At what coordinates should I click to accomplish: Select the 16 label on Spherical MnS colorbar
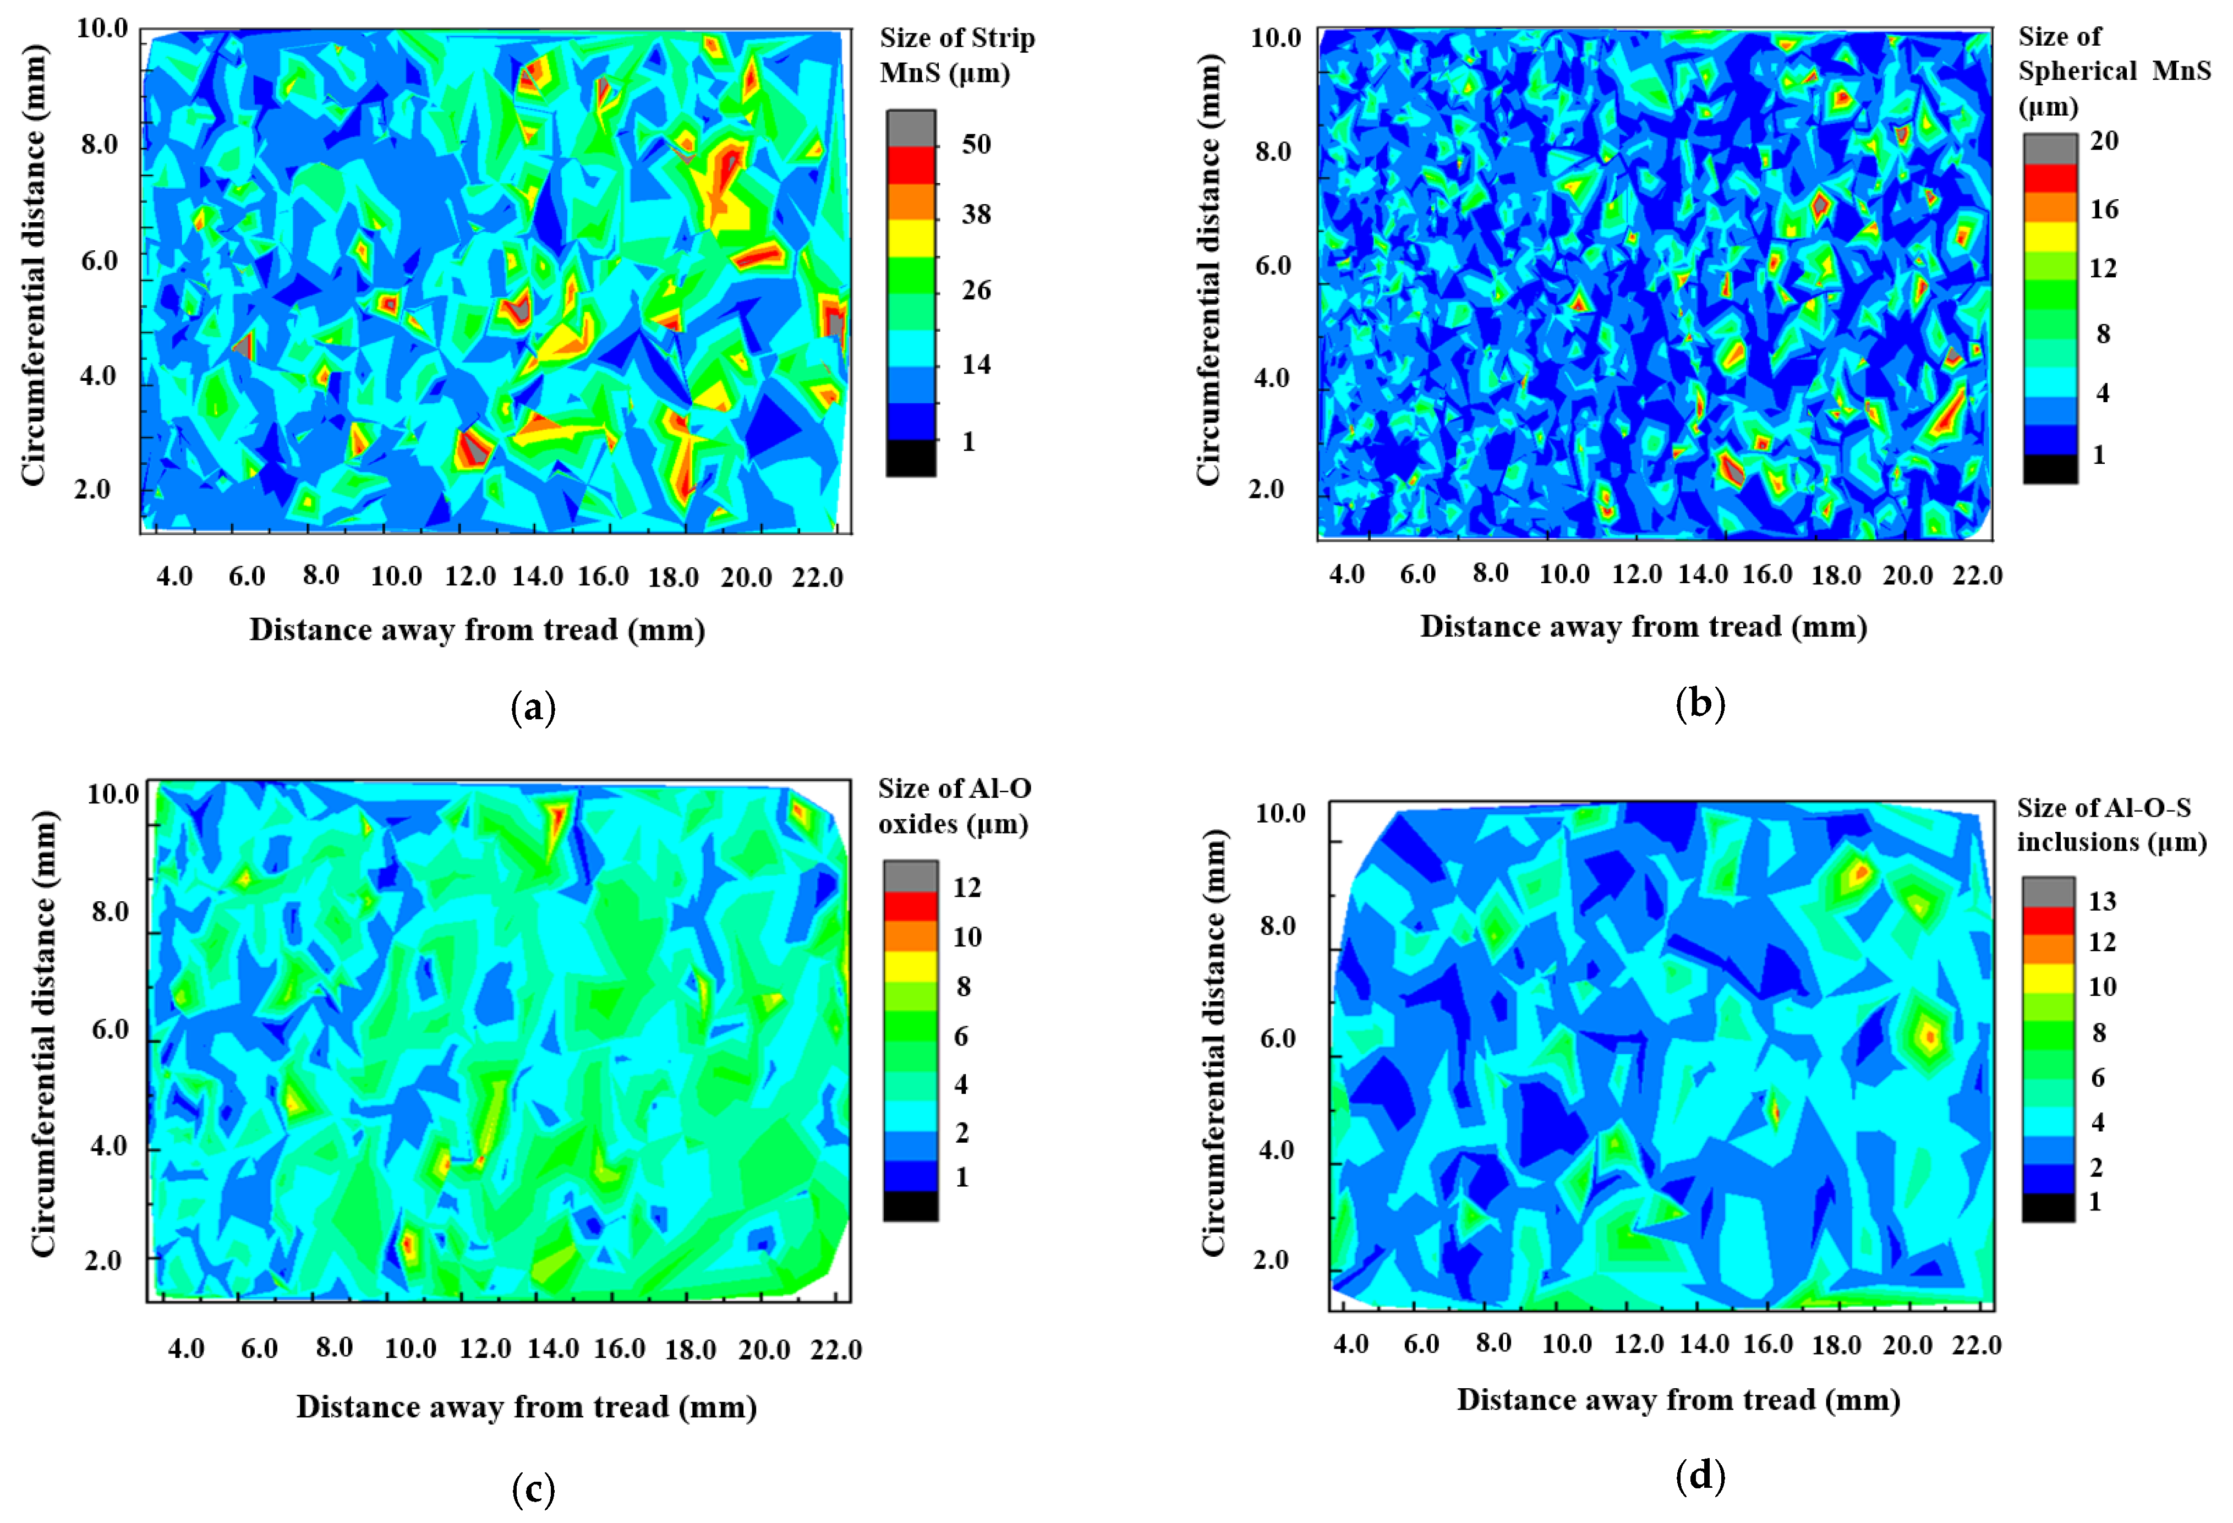2103,210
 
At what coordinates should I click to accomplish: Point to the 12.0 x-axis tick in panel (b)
1637,574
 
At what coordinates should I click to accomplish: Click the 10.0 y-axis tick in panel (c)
113,794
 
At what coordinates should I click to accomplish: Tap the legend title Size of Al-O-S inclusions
2111,824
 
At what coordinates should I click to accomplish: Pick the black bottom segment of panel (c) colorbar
910,1206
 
